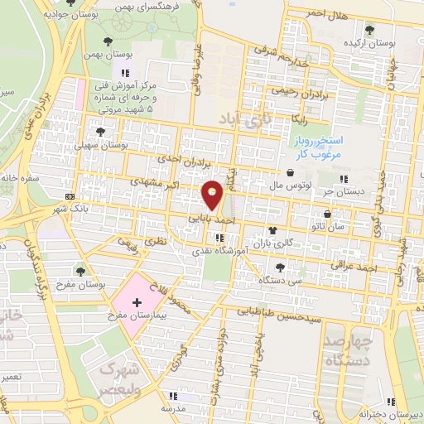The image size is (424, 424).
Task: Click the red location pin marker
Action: click(212, 194)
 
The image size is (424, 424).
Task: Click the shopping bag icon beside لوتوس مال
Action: click(291, 173)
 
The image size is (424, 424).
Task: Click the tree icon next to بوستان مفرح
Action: click(79, 270)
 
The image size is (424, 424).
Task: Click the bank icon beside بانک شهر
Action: click(70, 196)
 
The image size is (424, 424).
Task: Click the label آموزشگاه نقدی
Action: click(219, 250)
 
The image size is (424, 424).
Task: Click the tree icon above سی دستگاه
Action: click(279, 267)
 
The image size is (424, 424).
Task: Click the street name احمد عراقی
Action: click(354, 267)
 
